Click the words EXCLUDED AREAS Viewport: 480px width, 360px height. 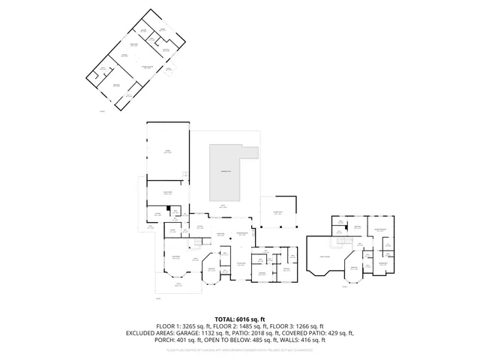(x=151, y=333)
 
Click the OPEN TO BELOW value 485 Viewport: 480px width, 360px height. (x=253, y=340)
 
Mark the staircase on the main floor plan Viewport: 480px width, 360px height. (x=198, y=241)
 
